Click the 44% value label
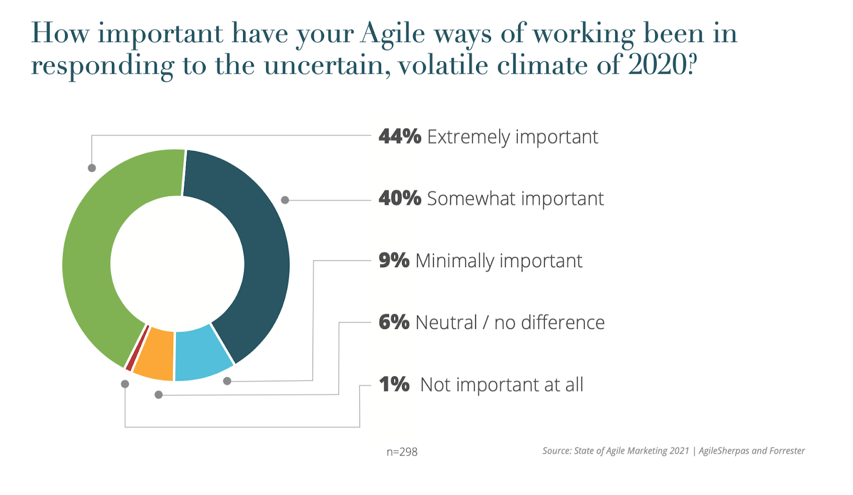tap(400, 137)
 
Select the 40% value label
tap(400, 198)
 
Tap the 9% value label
tap(394, 261)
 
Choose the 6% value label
tap(394, 323)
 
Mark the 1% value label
tap(394, 385)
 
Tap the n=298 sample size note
tap(402, 452)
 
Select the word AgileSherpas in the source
tap(726, 451)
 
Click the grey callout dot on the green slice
tap(92, 168)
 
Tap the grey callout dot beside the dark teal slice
tap(285, 200)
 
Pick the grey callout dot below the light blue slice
tap(227, 381)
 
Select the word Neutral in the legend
tap(446, 323)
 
